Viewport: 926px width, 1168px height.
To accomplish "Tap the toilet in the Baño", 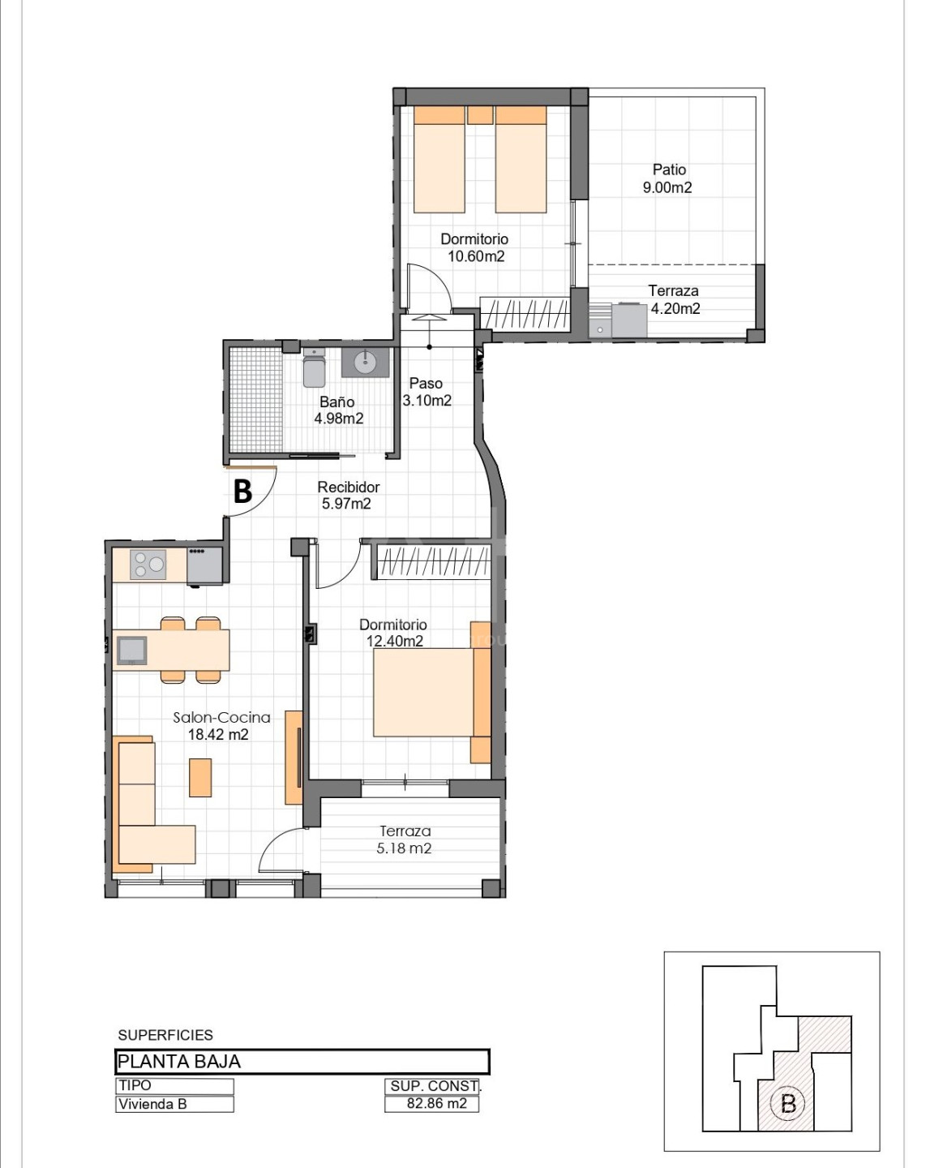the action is [x=315, y=367].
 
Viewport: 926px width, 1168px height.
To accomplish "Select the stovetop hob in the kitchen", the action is [x=148, y=565].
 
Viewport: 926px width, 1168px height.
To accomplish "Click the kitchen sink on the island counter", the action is [x=131, y=651].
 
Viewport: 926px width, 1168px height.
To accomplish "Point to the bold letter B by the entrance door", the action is [x=242, y=492].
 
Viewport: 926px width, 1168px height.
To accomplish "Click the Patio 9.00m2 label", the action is [x=668, y=178].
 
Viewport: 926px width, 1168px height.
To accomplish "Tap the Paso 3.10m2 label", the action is [x=427, y=392].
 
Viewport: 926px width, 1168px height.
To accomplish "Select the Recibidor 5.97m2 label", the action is [x=348, y=495].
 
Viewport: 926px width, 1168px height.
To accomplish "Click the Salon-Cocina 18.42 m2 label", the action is [x=221, y=726].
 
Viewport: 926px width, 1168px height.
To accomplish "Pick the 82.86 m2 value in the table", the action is [x=436, y=1103].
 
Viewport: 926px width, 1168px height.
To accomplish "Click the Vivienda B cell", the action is [x=174, y=1104].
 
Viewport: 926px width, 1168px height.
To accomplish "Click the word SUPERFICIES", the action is [x=165, y=1035].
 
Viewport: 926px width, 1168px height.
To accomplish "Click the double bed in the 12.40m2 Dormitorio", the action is [x=432, y=693].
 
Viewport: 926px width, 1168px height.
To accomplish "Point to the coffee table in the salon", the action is [x=200, y=778].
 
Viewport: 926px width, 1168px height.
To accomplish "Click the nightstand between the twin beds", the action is [x=480, y=114].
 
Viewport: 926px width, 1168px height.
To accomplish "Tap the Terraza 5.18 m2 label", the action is [x=405, y=839].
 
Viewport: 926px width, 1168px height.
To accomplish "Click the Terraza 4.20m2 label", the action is [x=674, y=299].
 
